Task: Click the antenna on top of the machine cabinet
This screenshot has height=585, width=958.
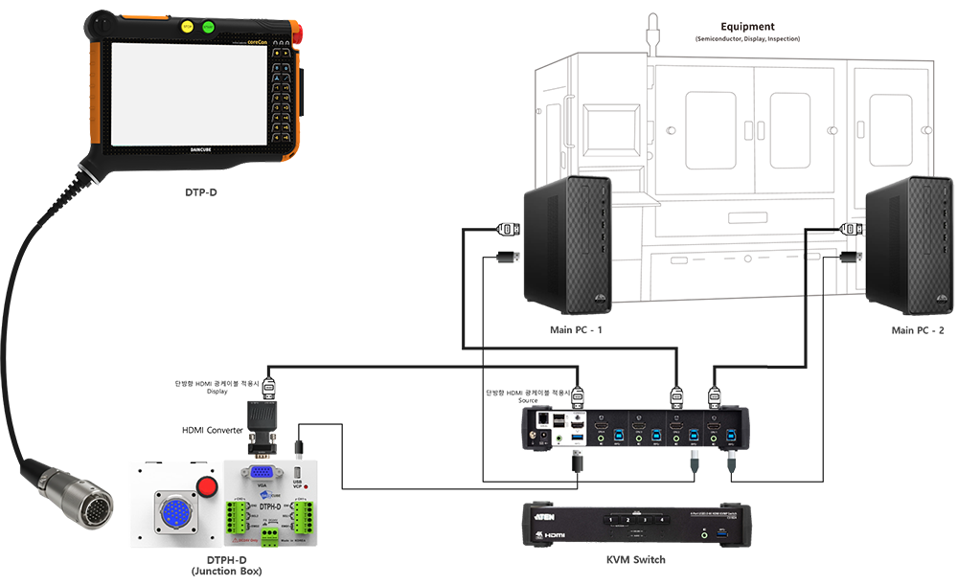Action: point(652,29)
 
